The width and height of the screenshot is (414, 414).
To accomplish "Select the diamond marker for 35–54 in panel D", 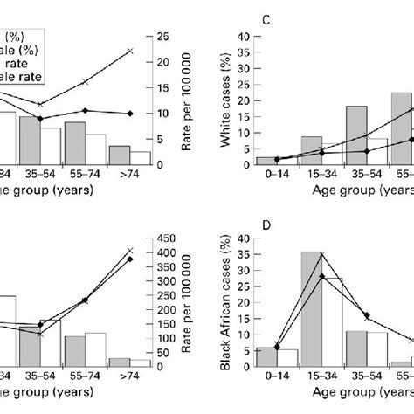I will click(367, 315).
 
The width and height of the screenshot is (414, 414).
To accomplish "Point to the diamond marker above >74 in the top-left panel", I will click(130, 114).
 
